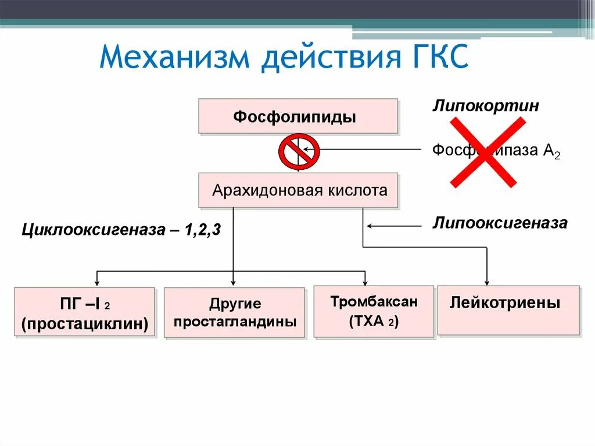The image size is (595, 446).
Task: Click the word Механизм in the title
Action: point(175,59)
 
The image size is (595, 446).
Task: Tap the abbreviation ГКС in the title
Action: point(435,59)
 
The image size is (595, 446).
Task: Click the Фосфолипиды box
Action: point(298,116)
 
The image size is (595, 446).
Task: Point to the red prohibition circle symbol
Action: point(299,152)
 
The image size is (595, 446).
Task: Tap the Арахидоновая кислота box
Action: point(298,190)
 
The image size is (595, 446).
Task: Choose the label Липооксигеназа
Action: point(499,223)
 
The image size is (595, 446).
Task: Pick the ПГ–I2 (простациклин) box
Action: point(84,312)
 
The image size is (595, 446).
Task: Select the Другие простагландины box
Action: point(234,313)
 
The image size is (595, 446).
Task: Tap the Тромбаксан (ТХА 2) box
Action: point(374,312)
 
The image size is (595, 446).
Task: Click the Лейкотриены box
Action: point(508,310)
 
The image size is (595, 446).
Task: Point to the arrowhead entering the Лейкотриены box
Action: point(487,282)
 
